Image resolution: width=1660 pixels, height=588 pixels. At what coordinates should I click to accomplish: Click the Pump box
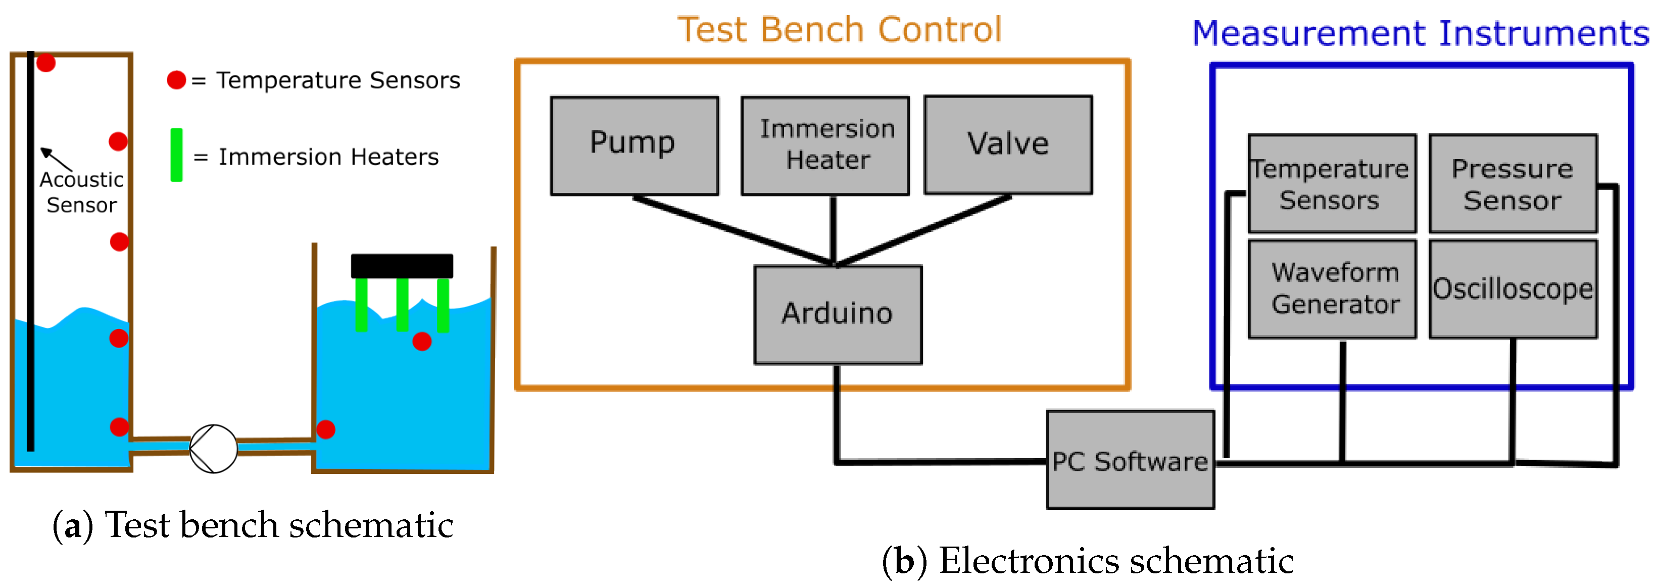(634, 145)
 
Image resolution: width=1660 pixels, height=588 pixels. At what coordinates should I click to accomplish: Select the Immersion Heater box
(825, 145)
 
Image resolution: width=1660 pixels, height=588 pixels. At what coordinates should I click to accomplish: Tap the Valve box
(1008, 144)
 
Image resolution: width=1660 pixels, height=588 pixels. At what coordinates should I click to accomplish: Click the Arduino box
(838, 315)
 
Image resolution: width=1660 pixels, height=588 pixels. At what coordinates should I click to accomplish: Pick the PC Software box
(1130, 460)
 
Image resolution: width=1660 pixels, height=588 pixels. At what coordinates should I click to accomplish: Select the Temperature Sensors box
(1332, 184)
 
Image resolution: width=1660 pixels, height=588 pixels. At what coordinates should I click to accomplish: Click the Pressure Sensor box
(1512, 184)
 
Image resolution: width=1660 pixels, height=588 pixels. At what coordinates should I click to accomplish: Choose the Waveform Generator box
(1332, 289)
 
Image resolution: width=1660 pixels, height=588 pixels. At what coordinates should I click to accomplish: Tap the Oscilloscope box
(1512, 289)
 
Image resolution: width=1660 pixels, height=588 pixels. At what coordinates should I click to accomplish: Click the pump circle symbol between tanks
(213, 448)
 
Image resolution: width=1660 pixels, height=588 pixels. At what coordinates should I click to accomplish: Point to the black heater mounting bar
(402, 266)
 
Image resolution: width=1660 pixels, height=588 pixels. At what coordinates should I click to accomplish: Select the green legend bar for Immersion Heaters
(176, 155)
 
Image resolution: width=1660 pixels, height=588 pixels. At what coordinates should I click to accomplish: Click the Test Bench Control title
(839, 30)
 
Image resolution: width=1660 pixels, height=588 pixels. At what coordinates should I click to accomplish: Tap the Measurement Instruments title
(1420, 33)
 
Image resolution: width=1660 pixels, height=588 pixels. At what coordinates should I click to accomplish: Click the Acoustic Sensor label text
(81, 192)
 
